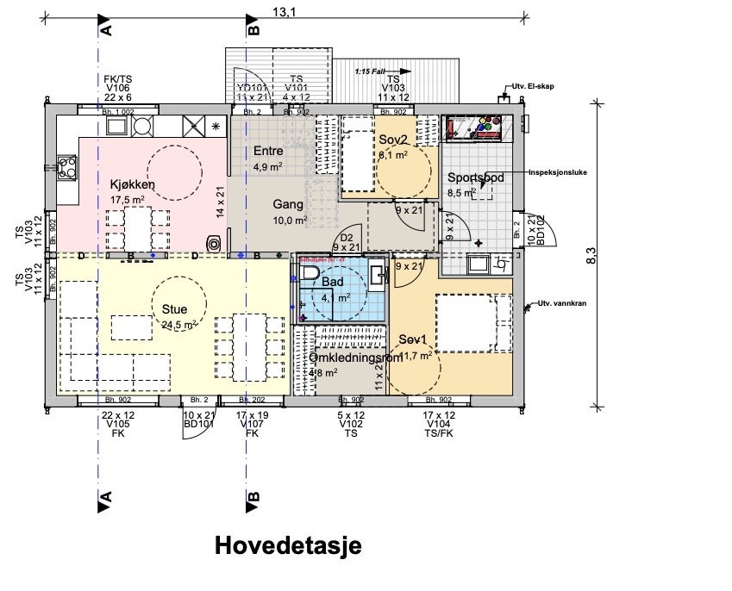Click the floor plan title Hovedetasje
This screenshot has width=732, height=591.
tap(288, 545)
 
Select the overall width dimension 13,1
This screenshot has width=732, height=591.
tap(285, 11)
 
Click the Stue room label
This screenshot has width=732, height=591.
tap(175, 309)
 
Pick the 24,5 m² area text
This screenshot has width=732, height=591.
tap(178, 325)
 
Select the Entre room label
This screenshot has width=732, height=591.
tap(268, 152)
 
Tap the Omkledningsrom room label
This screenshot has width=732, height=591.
tap(355, 358)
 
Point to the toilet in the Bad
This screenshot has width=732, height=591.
tap(308, 274)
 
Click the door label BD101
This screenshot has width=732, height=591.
tap(198, 423)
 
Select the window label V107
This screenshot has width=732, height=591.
tap(252, 423)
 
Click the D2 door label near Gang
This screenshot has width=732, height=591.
tap(347, 238)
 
